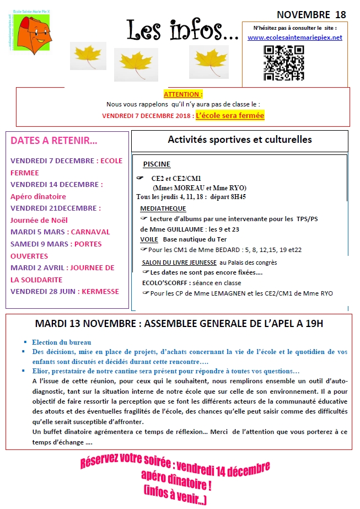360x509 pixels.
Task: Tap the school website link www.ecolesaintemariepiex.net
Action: click(x=294, y=37)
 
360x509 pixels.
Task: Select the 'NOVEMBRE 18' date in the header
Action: click(x=311, y=14)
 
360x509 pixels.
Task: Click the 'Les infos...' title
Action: click(x=182, y=30)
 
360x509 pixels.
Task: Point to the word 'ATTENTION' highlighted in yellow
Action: click(x=183, y=94)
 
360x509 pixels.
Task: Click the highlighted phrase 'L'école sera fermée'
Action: click(x=230, y=115)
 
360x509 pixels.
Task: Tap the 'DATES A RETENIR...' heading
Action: click(x=54, y=141)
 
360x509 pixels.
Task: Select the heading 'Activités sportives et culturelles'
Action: click(x=240, y=140)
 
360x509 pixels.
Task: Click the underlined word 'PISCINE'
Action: click(x=157, y=164)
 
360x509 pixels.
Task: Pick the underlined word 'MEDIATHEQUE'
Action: click(x=163, y=208)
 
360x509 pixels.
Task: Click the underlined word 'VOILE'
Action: click(x=149, y=239)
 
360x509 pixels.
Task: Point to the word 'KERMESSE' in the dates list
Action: click(x=100, y=291)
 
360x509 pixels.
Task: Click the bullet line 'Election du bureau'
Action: click(x=61, y=342)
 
